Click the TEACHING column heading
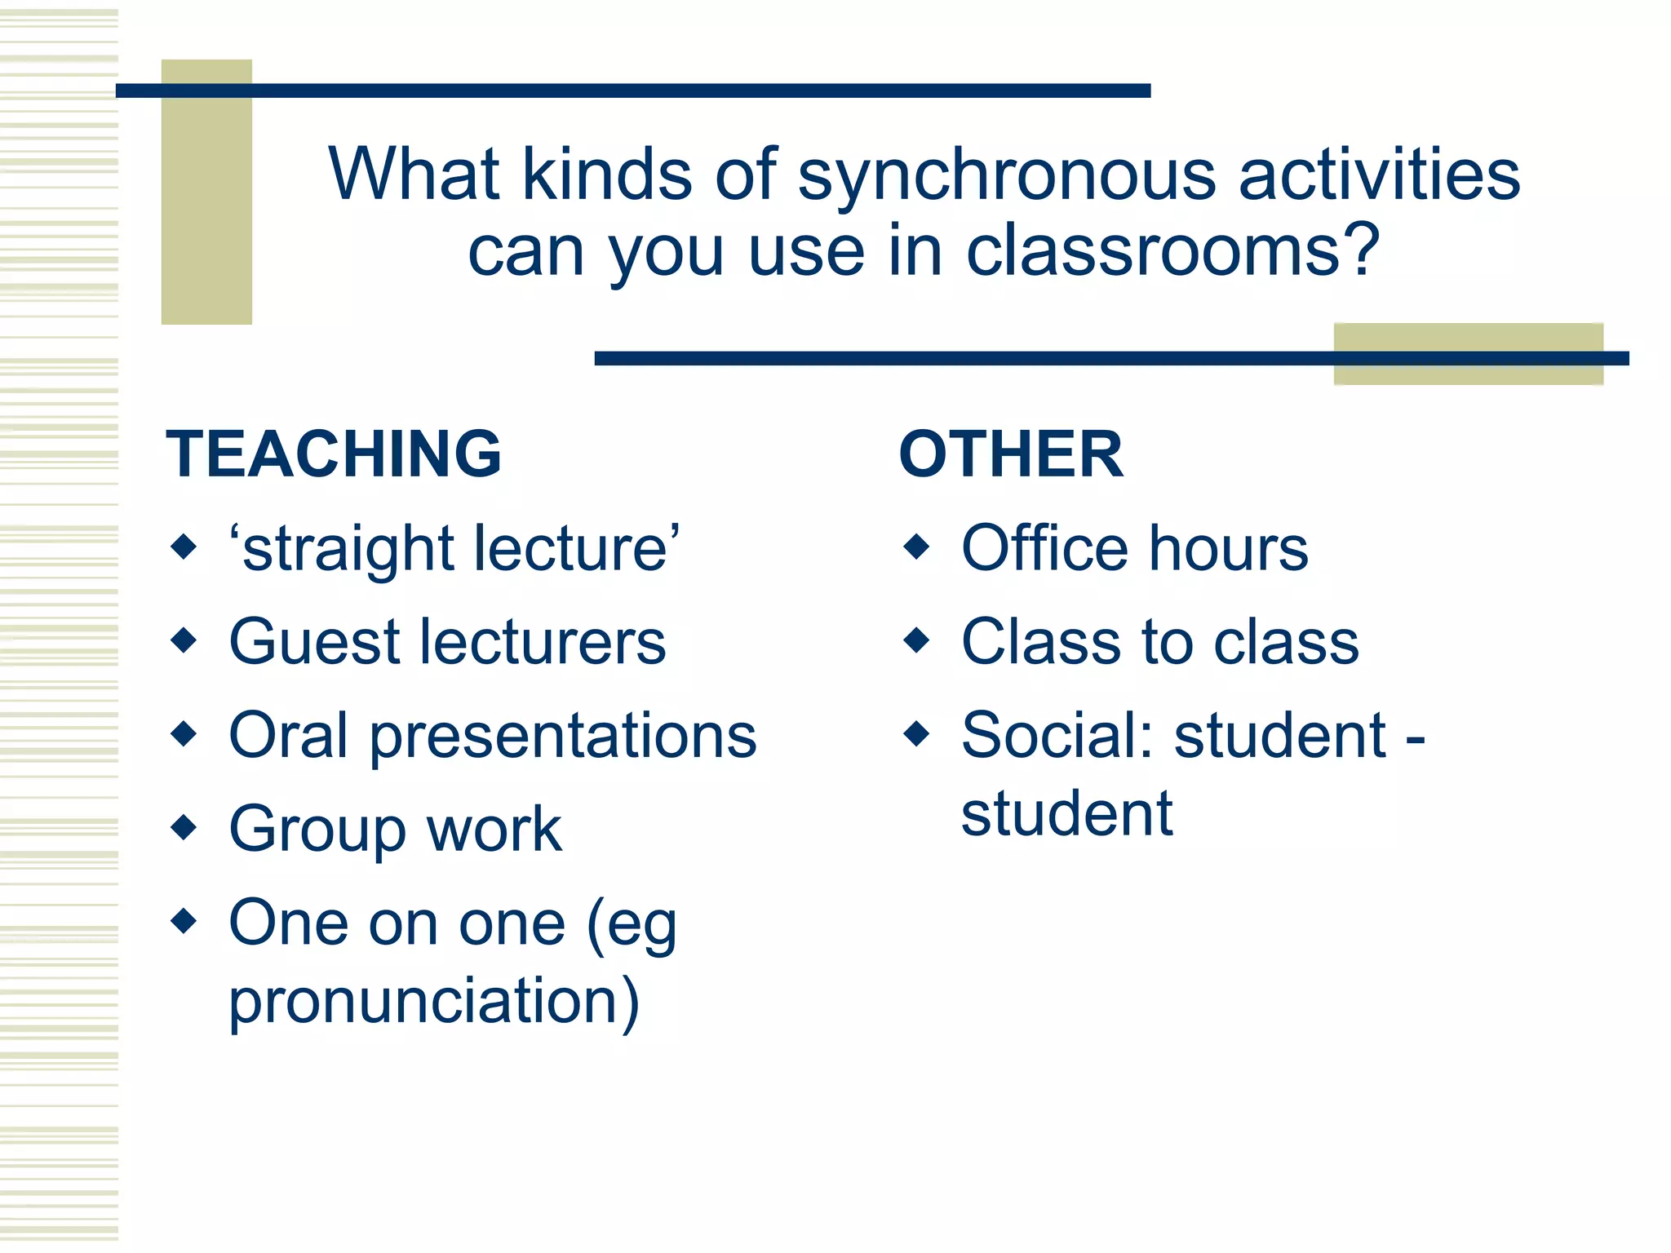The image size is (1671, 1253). click(333, 454)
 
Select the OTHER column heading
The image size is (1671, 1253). click(1010, 454)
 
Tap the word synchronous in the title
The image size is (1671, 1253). click(1007, 175)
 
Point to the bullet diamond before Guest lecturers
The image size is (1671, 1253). click(184, 640)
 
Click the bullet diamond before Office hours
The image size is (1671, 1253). click(917, 546)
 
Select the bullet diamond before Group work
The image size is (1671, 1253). click(184, 827)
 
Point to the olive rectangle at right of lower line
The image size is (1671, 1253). click(1468, 354)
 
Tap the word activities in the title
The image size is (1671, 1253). click(1379, 175)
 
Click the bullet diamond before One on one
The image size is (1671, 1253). click(184, 921)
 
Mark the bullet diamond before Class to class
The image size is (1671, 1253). click(917, 640)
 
